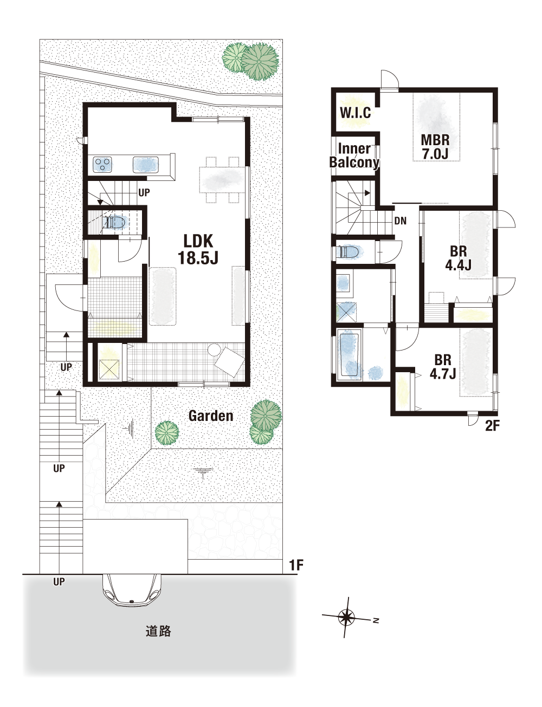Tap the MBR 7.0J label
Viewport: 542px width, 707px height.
435,147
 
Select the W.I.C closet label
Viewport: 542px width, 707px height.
356,113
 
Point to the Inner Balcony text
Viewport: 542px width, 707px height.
354,155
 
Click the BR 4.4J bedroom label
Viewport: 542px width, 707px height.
459,258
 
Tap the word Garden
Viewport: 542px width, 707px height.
211,416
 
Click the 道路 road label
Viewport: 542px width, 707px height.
158,631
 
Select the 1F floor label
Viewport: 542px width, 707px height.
296,566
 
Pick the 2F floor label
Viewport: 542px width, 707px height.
492,426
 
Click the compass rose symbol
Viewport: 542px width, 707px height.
346,617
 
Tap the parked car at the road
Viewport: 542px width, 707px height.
131,591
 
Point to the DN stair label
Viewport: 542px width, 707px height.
401,221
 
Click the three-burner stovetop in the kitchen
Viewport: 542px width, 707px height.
102,164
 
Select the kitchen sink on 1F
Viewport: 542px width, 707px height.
145,165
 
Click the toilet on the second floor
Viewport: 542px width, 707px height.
349,252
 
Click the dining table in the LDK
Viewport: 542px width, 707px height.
221,180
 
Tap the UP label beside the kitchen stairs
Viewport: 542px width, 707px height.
144,193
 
